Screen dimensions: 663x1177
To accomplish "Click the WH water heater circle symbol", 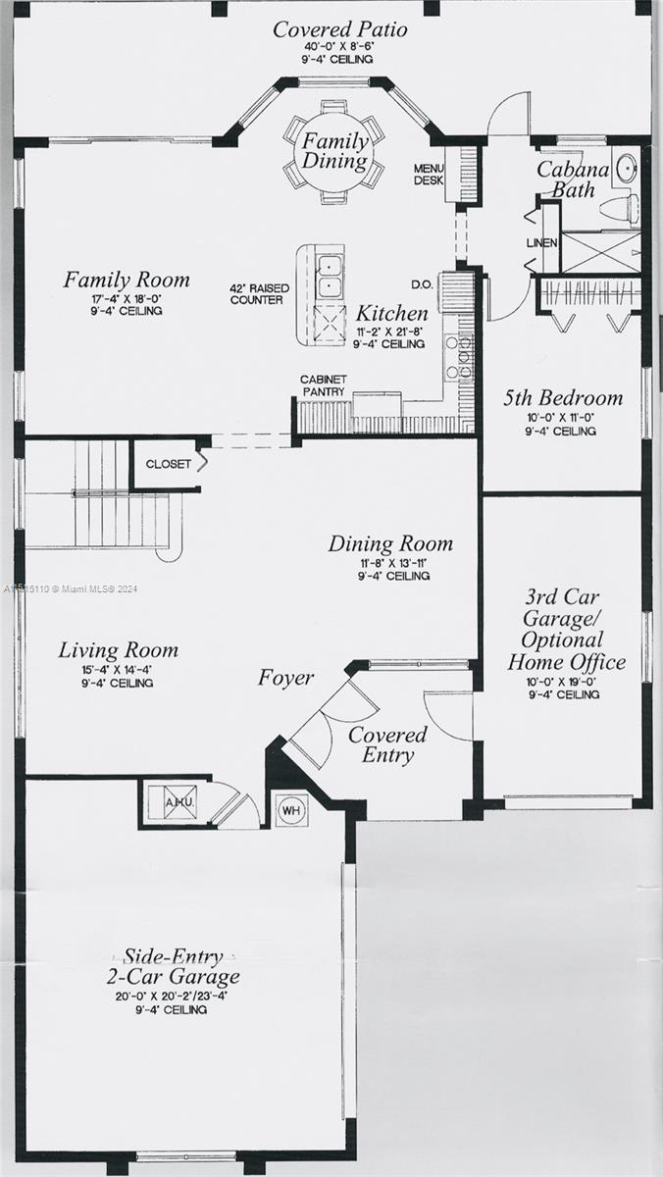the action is (291, 810).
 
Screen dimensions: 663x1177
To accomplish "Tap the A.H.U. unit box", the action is (180, 802).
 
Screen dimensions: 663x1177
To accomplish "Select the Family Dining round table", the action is (334, 150).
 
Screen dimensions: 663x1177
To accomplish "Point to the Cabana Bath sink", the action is (627, 168).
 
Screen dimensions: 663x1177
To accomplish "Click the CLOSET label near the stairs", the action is (168, 464).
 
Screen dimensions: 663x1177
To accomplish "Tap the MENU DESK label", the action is (429, 175).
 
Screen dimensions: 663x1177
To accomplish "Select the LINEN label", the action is (542, 243).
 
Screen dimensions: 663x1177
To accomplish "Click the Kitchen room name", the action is (392, 314).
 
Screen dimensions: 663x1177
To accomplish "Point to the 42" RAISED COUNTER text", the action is (260, 294).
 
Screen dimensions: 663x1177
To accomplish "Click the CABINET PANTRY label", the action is (324, 385).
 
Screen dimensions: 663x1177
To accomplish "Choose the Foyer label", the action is (285, 678).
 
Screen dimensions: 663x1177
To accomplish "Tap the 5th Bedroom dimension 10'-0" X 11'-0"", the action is (561, 418).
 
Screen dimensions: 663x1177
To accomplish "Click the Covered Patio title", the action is (340, 29).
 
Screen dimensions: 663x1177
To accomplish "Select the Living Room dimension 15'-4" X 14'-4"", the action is (117, 670).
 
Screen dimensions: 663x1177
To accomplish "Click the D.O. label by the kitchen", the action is (423, 284).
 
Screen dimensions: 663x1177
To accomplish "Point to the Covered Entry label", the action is (387, 744).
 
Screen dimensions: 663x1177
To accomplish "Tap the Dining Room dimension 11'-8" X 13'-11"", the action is (393, 563).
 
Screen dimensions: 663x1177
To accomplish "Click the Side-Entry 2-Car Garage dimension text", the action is (172, 996).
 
